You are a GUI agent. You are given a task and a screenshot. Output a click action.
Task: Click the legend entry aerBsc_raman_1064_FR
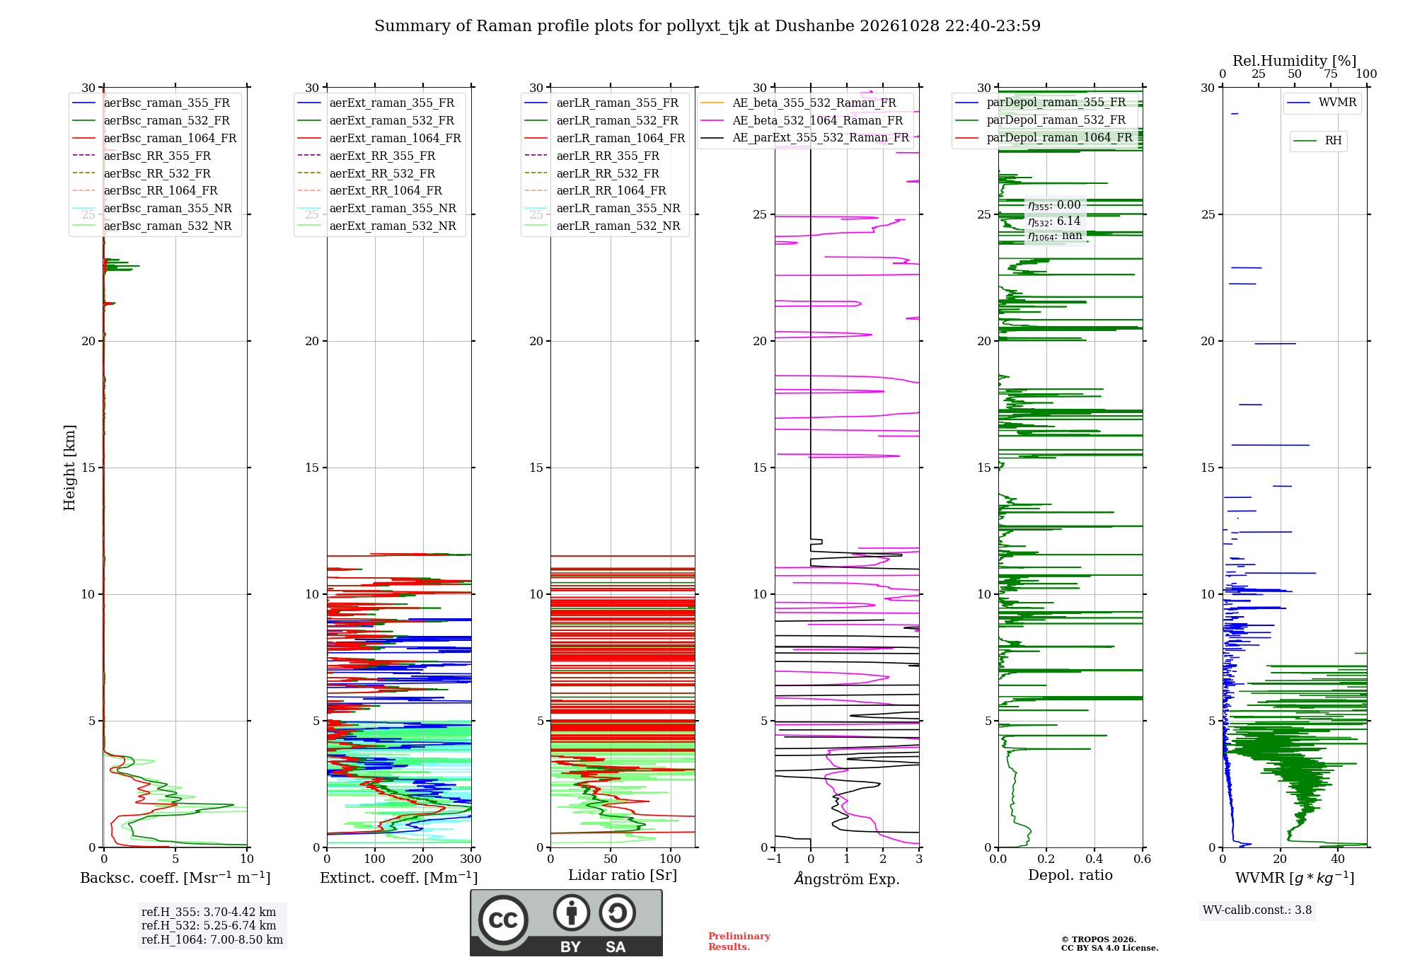170,138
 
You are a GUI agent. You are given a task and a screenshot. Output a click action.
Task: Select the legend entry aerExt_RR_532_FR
382,173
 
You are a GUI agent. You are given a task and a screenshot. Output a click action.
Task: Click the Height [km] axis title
69,468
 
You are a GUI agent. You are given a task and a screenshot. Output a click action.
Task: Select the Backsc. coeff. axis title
175,877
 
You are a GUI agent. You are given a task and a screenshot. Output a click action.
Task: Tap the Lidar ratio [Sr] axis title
623,875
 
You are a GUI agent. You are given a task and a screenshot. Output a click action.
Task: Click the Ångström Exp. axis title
847,878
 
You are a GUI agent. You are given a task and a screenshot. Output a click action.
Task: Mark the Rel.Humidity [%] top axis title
1295,61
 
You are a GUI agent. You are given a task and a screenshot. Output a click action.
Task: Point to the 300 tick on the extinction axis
470,859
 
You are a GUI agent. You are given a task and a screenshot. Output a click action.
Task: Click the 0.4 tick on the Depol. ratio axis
1095,859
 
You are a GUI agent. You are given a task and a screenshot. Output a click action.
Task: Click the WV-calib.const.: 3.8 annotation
1257,910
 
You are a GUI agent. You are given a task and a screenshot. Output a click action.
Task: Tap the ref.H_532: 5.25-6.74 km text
209,925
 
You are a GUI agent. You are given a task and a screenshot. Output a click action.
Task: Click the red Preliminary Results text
739,941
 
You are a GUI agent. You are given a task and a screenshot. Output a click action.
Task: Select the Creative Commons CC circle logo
503,920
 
